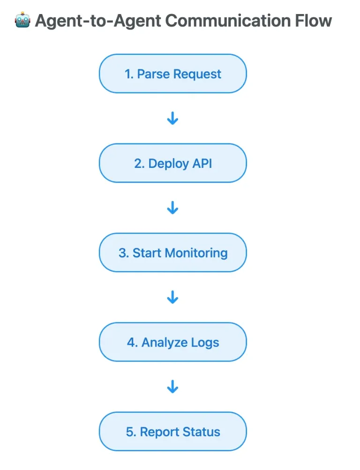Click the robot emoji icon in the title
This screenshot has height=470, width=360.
pos(22,21)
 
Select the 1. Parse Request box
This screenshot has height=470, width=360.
pos(172,74)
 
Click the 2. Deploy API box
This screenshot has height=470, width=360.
pos(172,163)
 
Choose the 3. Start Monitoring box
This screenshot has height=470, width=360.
pos(172,253)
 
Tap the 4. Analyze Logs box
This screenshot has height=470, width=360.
pos(172,342)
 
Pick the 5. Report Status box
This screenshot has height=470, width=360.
pos(172,432)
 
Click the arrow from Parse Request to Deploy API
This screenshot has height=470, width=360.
pos(172,119)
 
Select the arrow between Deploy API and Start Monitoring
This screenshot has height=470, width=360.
pos(172,208)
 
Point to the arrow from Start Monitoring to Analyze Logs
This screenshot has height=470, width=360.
pos(172,297)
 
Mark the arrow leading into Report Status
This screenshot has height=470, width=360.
pos(172,387)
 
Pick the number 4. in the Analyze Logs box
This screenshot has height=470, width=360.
pos(132,343)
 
